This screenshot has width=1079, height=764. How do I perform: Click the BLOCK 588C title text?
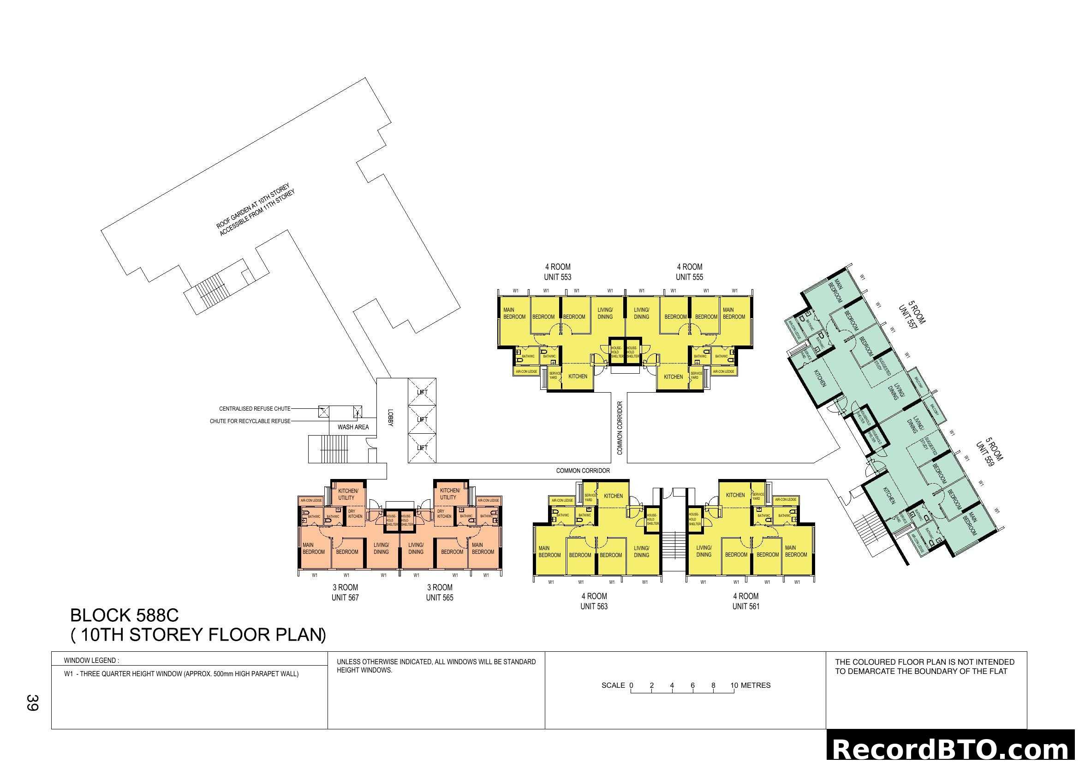125,615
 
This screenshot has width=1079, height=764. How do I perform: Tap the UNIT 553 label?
557,278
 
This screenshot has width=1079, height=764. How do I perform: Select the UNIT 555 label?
689,278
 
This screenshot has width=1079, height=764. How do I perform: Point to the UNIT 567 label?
345,598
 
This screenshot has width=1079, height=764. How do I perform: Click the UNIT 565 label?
440,598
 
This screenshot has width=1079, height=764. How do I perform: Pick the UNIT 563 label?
594,606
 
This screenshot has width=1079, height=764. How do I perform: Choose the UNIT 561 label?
745,606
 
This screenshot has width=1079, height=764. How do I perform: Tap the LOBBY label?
390,418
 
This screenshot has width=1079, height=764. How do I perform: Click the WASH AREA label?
353,427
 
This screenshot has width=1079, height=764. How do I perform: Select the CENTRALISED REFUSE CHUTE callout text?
255,409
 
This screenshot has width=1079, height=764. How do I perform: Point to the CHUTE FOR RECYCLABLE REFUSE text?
250,421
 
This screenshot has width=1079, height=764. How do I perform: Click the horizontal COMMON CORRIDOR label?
583,470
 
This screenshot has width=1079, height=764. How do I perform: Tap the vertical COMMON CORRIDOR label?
620,428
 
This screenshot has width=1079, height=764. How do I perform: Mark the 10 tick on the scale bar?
734,686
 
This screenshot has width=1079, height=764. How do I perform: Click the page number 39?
32,703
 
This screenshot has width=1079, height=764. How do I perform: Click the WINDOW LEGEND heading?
92,661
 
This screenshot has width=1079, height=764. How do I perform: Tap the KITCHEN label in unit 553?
578,376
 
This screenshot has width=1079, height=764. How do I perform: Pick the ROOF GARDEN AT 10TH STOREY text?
253,206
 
